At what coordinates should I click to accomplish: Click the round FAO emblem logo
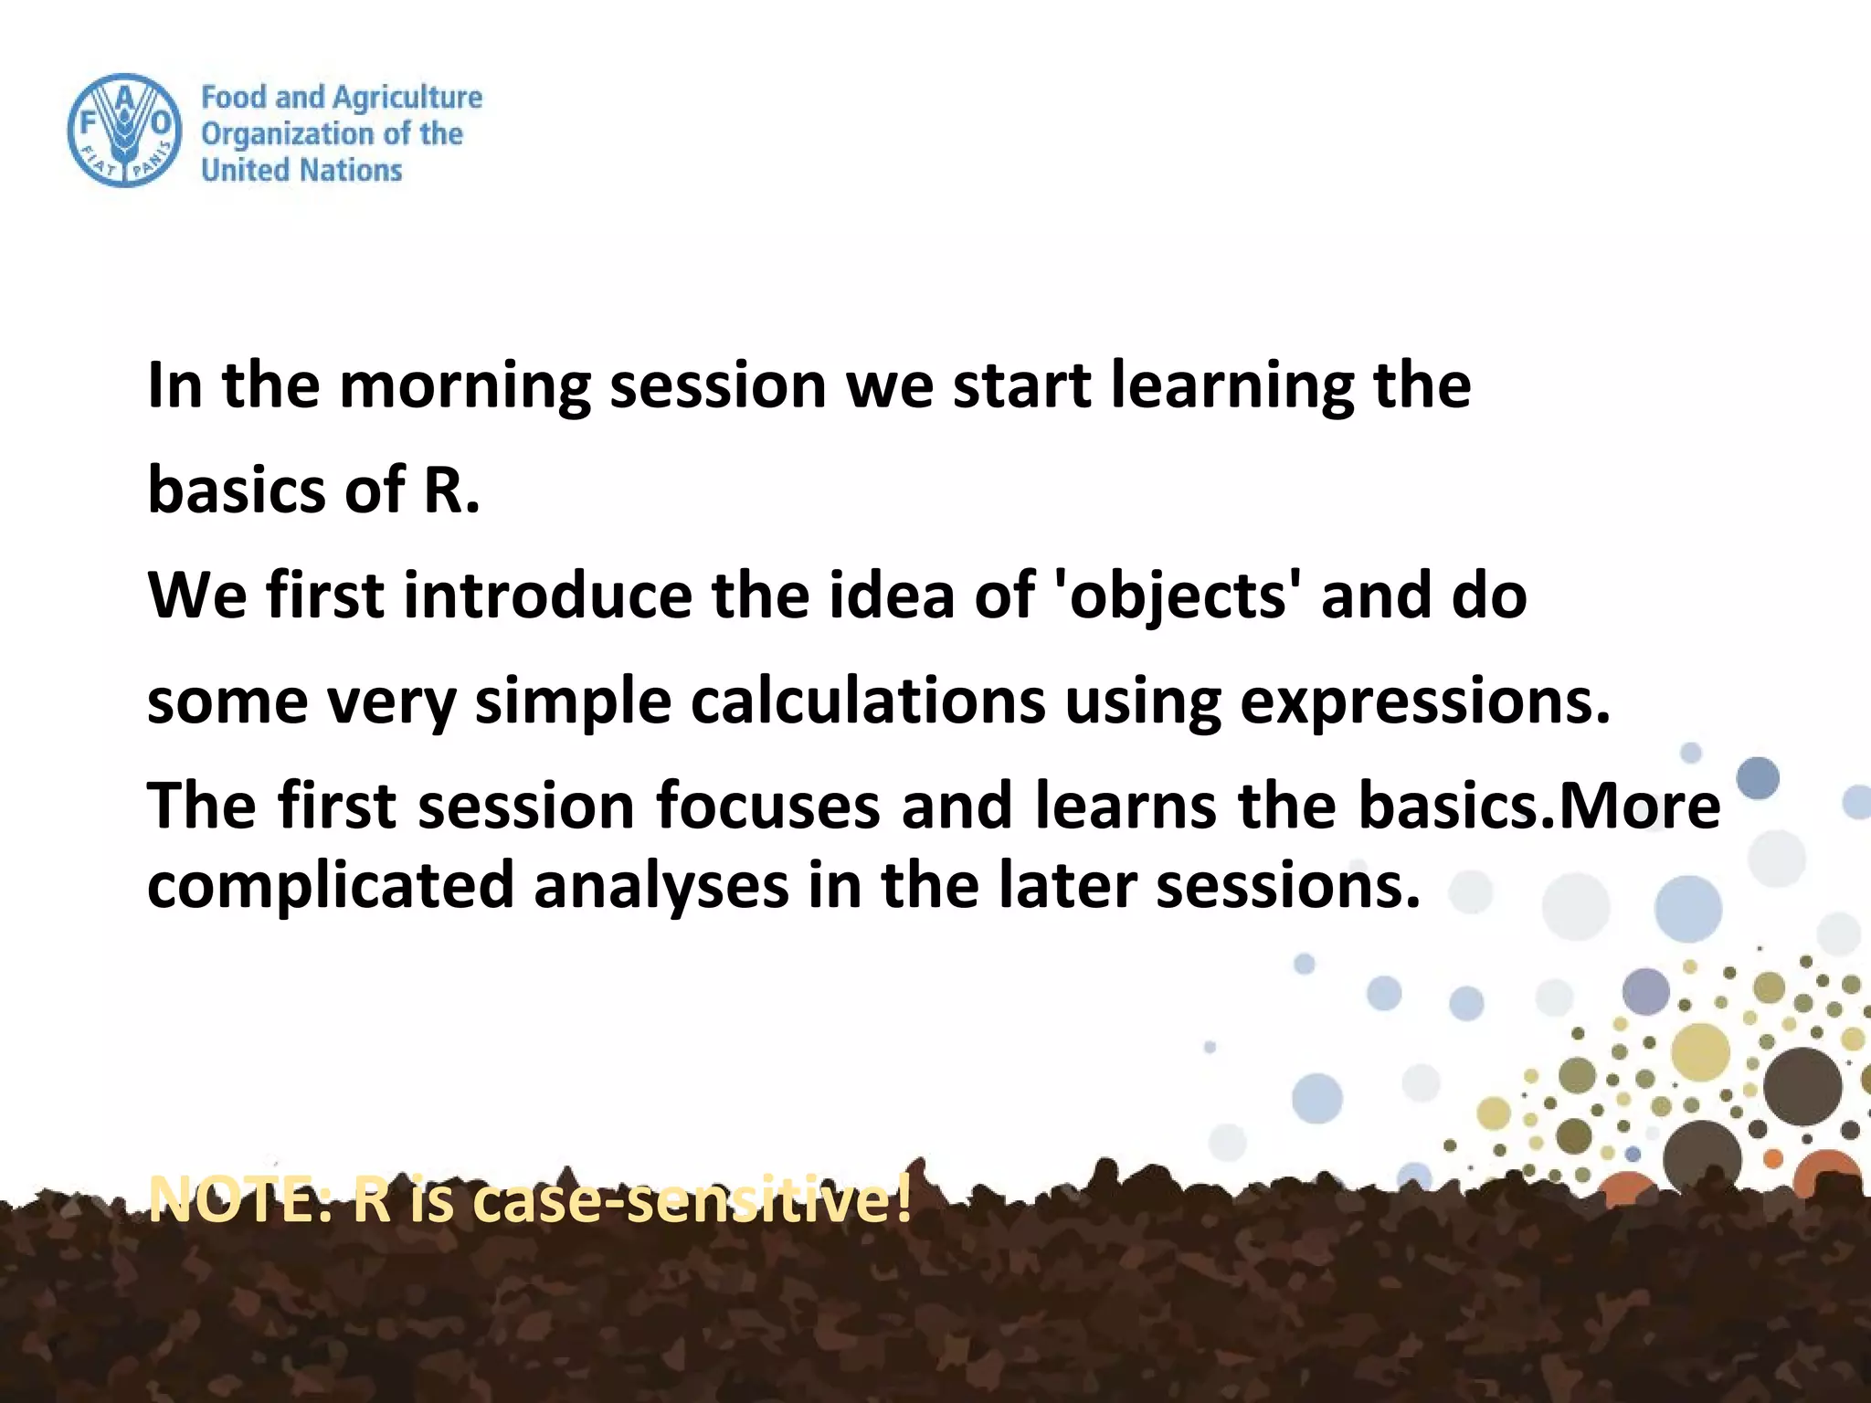(124, 131)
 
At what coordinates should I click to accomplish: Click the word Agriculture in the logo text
(407, 98)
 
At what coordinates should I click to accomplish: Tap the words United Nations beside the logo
(301, 170)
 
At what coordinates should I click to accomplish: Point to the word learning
(1232, 385)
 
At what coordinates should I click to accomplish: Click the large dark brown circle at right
(1802, 1086)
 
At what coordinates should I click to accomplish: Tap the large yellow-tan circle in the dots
(1700, 1052)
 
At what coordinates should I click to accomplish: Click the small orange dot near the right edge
(1773, 1158)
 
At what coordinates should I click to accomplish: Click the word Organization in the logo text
(287, 134)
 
